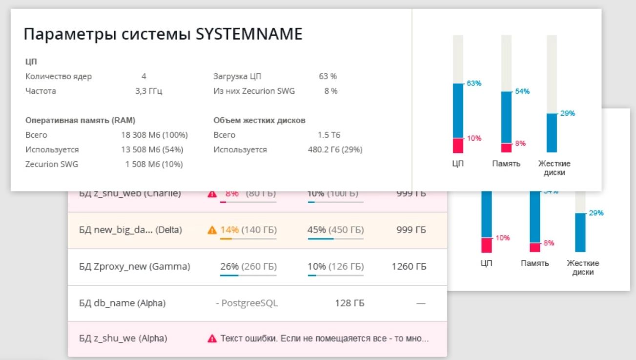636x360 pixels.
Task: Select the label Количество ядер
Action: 59,76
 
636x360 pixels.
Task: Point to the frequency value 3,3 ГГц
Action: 149,91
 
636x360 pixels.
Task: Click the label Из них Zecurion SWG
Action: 254,91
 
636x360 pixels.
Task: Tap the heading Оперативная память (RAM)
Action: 81,120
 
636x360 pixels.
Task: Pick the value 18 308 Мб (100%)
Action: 154,135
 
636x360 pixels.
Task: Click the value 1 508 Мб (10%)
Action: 154,164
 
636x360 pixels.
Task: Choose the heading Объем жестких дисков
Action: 260,120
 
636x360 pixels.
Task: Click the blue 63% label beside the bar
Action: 473,84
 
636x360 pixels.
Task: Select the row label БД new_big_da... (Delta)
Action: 130,230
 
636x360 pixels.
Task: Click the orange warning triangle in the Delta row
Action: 212,230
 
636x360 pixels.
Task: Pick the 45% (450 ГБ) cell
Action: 336,230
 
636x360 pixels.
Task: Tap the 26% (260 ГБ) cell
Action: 248,266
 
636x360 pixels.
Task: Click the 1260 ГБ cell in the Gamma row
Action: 409,266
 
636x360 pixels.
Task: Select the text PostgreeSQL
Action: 249,303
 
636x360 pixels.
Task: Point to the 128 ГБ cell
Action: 349,303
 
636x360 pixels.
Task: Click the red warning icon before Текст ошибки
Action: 212,338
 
